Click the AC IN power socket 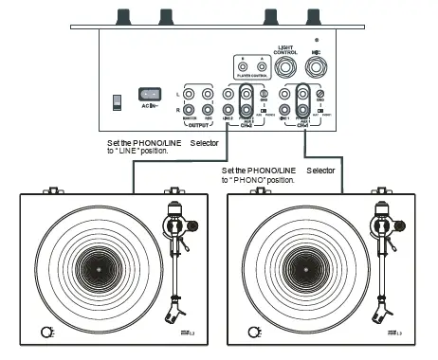149,95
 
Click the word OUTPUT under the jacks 199,123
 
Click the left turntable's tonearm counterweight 191,225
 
